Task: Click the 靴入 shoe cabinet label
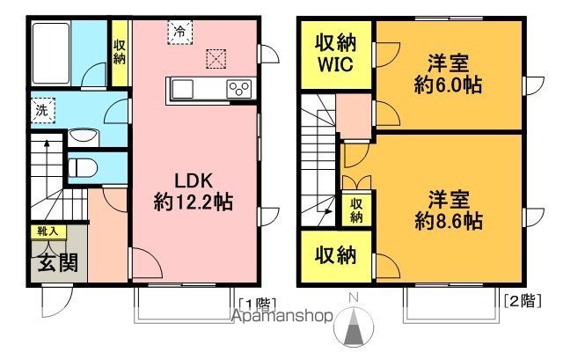pyautogui.click(x=46, y=231)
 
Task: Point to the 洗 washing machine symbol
pyautogui.click(x=41, y=111)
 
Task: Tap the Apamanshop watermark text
pyautogui.click(x=282, y=315)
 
